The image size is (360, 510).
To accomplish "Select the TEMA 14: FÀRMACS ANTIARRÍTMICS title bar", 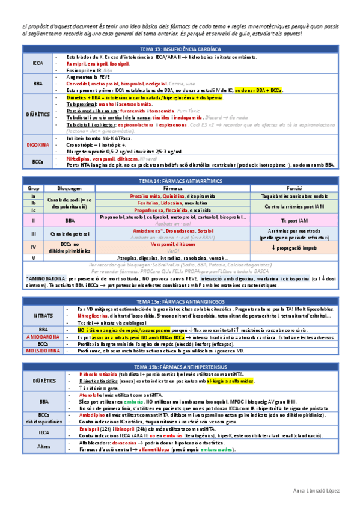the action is (180, 180).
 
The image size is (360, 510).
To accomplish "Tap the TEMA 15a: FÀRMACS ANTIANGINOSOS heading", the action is (180, 300).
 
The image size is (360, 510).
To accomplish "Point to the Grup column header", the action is (34, 188).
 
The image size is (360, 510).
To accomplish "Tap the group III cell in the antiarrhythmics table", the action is (34, 232).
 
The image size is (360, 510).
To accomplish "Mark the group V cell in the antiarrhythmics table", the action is (34, 257).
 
